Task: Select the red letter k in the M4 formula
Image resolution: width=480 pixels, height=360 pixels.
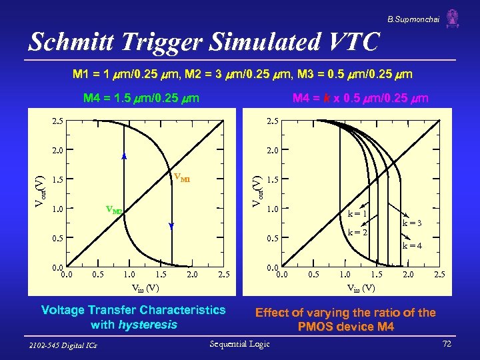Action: click(326, 99)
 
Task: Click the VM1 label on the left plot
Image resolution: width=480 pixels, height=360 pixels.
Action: click(181, 178)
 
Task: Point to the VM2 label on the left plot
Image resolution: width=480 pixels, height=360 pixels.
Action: click(114, 210)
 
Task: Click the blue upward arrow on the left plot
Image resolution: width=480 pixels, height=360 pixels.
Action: click(124, 156)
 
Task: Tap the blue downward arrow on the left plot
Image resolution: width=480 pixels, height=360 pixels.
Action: click(171, 227)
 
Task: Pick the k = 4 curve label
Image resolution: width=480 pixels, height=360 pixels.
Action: click(411, 246)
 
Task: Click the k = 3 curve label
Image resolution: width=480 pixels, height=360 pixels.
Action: click(411, 223)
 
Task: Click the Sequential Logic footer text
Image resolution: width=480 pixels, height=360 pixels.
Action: click(240, 344)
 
